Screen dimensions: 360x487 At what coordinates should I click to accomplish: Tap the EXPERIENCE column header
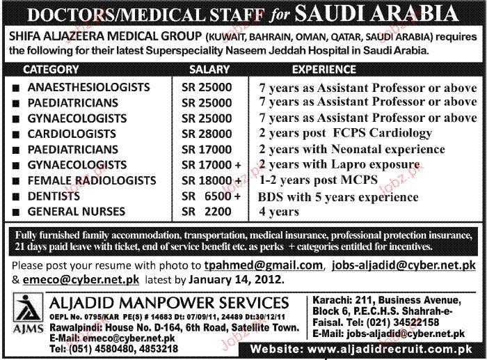point(324,70)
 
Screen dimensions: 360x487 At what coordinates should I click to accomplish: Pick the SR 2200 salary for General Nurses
point(205,210)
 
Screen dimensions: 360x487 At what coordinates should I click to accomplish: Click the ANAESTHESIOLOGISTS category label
point(88,87)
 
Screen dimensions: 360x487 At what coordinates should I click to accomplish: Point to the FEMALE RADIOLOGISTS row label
point(91,180)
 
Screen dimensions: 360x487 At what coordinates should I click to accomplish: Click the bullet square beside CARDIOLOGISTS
point(14,134)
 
